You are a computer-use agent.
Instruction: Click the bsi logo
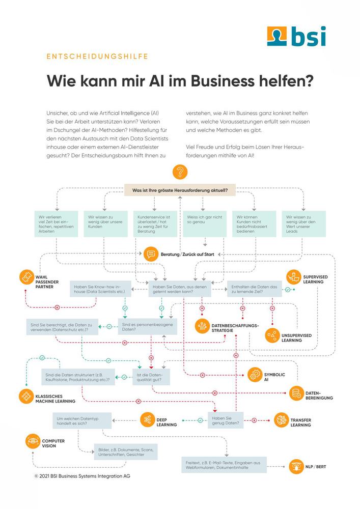[296, 36]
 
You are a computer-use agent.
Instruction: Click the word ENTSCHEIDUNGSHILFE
[97, 56]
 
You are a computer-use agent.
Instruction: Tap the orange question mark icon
[180, 172]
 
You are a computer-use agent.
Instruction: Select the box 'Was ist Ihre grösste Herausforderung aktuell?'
[180, 190]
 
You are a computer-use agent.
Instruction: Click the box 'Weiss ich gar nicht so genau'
[205, 224]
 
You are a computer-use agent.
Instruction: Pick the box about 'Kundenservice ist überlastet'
[155, 224]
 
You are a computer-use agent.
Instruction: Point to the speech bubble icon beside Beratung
[151, 254]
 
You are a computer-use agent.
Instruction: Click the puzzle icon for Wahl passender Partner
[26, 277]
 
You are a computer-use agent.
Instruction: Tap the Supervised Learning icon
[294, 277]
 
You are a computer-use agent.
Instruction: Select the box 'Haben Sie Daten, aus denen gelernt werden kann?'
[180, 289]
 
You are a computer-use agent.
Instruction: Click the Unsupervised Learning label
[296, 338]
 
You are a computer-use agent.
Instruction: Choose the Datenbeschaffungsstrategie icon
[203, 326]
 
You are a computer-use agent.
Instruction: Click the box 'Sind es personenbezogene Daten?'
[148, 327]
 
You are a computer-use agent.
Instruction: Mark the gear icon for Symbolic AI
[255, 375]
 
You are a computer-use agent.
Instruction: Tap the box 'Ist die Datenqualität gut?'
[151, 377]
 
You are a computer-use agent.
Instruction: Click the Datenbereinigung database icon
[296, 393]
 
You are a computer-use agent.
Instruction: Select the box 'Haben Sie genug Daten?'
[226, 420]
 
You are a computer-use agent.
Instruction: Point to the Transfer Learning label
[300, 422]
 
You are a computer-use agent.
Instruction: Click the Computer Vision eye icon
[33, 441]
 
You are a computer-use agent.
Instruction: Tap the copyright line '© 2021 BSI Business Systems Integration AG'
[82, 476]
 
